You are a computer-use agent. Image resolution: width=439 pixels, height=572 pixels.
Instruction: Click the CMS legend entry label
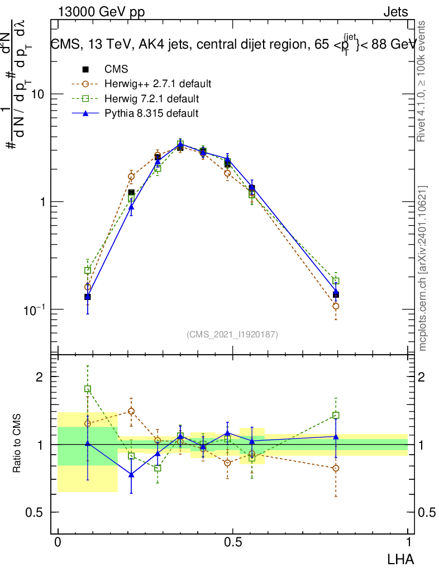click(116, 69)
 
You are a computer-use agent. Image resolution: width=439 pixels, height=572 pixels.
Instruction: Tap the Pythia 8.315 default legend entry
click(151, 113)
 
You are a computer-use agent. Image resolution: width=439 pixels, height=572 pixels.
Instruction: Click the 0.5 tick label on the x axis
click(233, 542)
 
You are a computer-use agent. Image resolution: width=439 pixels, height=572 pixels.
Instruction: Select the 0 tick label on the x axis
click(58, 542)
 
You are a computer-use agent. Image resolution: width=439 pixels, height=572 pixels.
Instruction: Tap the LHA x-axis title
click(402, 558)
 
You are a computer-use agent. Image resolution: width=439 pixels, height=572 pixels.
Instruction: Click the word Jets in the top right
click(395, 12)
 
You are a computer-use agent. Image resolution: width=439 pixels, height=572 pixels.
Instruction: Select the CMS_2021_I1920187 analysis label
click(232, 334)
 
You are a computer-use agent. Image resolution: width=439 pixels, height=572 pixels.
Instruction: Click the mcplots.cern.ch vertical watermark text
click(423, 268)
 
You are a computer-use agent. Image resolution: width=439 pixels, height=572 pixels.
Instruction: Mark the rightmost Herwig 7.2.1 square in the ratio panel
click(336, 416)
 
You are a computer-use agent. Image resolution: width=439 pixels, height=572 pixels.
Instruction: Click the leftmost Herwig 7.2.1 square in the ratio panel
click(88, 389)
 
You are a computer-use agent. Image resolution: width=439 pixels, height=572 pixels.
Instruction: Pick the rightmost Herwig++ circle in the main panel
click(336, 306)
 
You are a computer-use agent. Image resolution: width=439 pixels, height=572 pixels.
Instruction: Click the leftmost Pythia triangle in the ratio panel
click(88, 443)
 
